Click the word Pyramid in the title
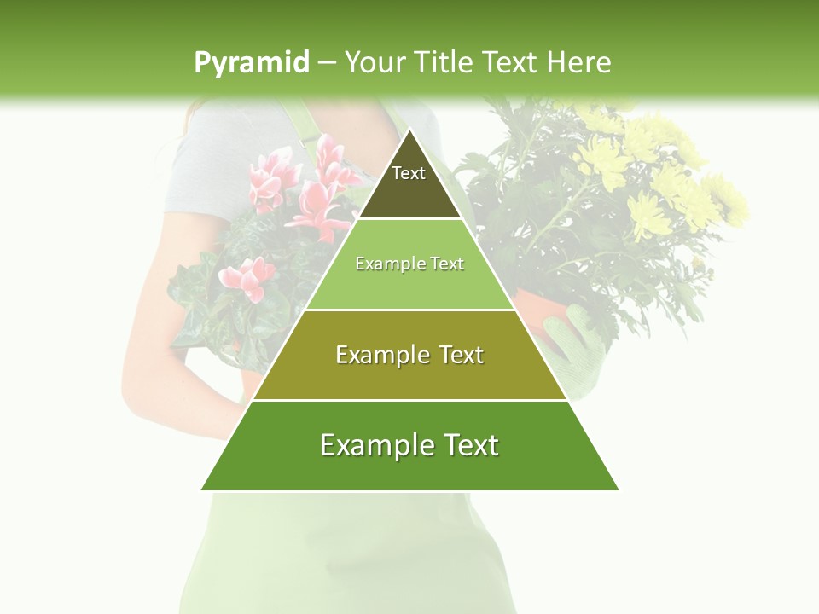coord(251,63)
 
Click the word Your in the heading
coord(375,62)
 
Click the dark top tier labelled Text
coord(409,183)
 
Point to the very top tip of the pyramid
coord(409,130)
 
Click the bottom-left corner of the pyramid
coord(202,489)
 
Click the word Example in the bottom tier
coord(373,446)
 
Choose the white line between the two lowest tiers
coord(409,400)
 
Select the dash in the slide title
coord(327,63)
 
